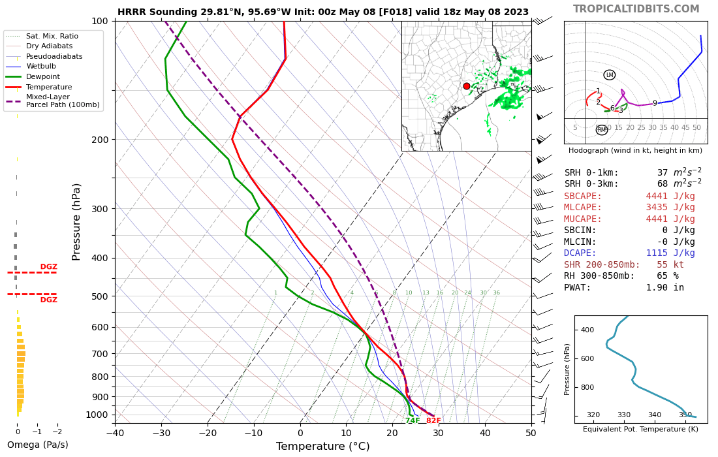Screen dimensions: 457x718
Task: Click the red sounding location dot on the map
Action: coord(467,86)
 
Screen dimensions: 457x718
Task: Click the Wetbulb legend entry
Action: coord(42,66)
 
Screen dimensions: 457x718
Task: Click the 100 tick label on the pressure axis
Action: coord(100,21)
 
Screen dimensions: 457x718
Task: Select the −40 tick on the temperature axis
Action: coord(116,432)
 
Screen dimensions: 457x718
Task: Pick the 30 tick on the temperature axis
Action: coord(439,432)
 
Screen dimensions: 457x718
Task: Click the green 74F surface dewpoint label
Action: coord(413,421)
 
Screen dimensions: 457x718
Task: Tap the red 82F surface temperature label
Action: coord(433,421)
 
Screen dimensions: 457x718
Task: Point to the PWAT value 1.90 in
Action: coord(665,287)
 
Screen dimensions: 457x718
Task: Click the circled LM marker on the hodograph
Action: coord(610,75)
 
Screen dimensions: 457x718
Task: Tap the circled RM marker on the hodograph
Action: coord(602,130)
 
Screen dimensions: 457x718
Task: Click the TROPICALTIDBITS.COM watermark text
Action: coord(636,9)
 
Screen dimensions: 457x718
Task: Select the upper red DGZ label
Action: coord(49,267)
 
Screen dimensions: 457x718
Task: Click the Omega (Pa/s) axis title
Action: coord(37,445)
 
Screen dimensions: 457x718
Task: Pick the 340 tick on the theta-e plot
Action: coord(655,415)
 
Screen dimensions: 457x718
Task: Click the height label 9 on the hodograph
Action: coord(655,103)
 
